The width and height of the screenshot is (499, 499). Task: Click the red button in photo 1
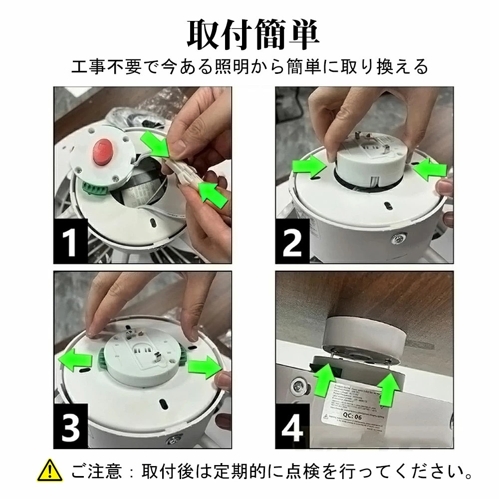[x=103, y=150]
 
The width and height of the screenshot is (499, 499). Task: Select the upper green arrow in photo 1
[x=156, y=144]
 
